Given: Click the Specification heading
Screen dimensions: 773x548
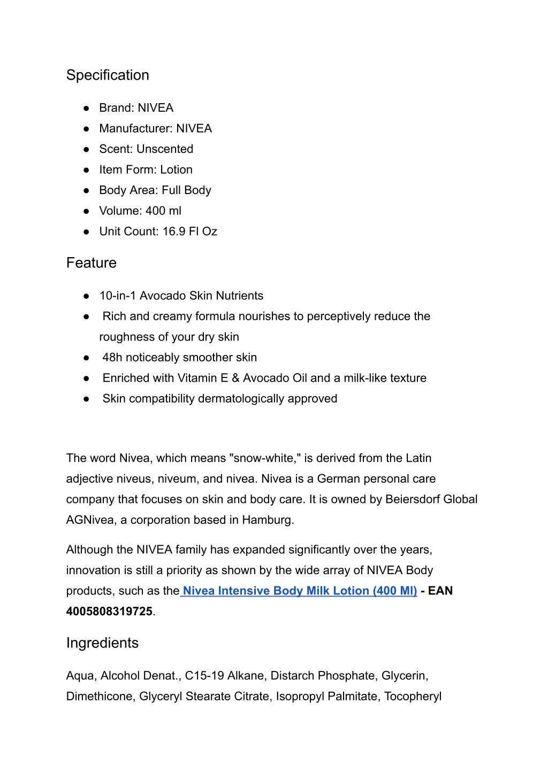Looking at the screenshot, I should pos(108,75).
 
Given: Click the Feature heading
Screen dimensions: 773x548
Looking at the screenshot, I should pos(91,263).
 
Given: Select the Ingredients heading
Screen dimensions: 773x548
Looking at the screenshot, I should pos(102,643).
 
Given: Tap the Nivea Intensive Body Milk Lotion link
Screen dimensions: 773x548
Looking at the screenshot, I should pos(299,591).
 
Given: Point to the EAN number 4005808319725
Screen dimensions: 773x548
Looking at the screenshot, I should pos(109,612).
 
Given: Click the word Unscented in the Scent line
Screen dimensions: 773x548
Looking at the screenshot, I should pos(165,149).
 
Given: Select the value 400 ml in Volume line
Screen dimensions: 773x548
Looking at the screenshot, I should pos(163,211).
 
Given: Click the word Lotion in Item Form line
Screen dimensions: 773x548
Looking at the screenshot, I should pos(176,170).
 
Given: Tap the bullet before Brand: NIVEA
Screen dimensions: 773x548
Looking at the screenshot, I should pos(86,108).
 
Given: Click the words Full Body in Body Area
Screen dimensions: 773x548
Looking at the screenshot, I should pos(186,190).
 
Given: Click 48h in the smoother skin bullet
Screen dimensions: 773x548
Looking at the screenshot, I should pos(112,358).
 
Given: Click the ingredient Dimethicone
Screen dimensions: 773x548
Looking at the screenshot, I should pos(99,697).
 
